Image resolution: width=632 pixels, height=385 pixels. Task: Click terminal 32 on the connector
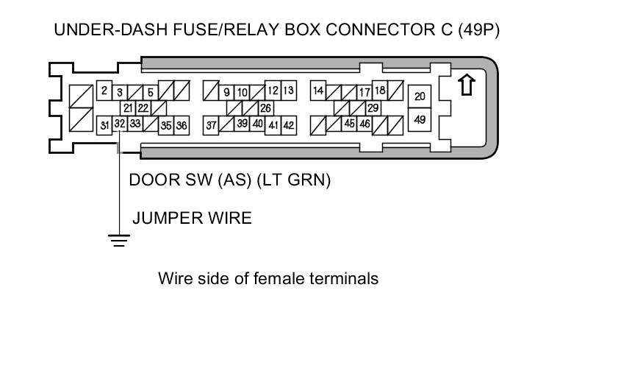pyautogui.click(x=120, y=124)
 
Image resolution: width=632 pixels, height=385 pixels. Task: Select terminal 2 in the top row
pyautogui.click(x=104, y=91)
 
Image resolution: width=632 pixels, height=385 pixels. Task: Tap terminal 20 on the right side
pyautogui.click(x=420, y=96)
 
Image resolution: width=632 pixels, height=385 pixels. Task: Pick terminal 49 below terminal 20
pyautogui.click(x=420, y=119)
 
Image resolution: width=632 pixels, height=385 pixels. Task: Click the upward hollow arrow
pyautogui.click(x=465, y=85)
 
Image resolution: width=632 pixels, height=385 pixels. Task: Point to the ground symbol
pyautogui.click(x=118, y=239)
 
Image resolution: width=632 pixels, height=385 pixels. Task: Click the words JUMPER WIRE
pyautogui.click(x=192, y=218)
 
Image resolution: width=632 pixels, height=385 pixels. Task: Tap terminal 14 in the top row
pyautogui.click(x=318, y=91)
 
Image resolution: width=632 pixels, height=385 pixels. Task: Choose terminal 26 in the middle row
pyautogui.click(x=265, y=108)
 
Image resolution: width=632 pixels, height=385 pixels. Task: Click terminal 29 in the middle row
pyautogui.click(x=373, y=108)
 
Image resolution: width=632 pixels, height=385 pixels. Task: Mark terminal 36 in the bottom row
pyautogui.click(x=181, y=126)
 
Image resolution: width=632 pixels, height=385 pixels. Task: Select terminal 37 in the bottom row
pyautogui.click(x=211, y=126)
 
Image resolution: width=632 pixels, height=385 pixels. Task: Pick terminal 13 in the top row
pyautogui.click(x=288, y=91)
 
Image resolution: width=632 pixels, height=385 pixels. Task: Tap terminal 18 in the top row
pyautogui.click(x=380, y=91)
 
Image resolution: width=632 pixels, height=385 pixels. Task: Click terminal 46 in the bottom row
pyautogui.click(x=365, y=124)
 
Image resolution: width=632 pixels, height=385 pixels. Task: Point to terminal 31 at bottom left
pyautogui.click(x=104, y=126)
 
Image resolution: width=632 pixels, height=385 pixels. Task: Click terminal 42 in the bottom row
pyautogui.click(x=289, y=126)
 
